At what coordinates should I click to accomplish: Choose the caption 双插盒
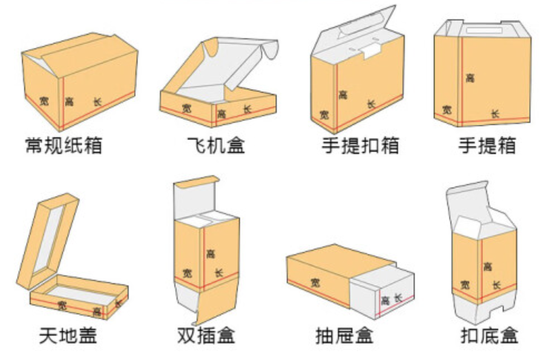pyautogui.click(x=206, y=336)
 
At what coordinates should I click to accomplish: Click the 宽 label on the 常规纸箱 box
pyautogui.click(x=45, y=100)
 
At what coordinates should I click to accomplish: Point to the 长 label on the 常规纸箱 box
pyautogui.click(x=97, y=101)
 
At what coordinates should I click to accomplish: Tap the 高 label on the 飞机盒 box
pyautogui.click(x=221, y=114)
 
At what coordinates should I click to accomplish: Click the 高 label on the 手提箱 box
pyautogui.click(x=470, y=77)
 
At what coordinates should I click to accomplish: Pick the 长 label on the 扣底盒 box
pyautogui.click(x=495, y=284)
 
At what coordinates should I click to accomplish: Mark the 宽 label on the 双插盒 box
pyautogui.click(x=186, y=273)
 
